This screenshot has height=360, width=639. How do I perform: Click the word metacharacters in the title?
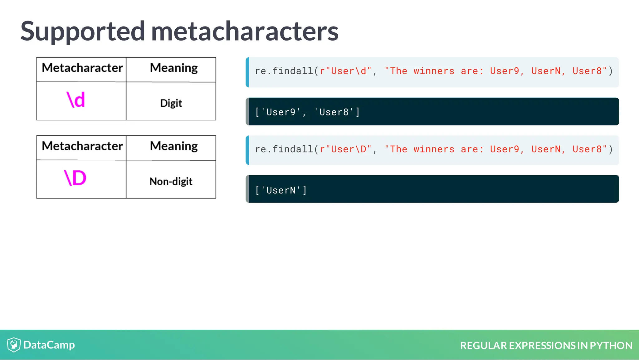[245, 32]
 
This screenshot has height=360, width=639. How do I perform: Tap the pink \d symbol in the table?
[76, 100]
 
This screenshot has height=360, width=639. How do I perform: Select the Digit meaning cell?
[171, 103]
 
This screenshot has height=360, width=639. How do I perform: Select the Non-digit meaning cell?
[171, 181]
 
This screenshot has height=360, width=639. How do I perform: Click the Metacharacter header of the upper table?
[82, 68]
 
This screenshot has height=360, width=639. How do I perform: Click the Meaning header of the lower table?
[174, 146]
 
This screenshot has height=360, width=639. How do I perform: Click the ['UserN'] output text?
[281, 190]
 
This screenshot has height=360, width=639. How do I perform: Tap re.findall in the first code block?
[284, 71]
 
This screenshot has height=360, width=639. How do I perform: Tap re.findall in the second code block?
[284, 149]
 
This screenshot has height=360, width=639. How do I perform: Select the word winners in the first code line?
[434, 71]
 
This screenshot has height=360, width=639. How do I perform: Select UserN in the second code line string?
[546, 149]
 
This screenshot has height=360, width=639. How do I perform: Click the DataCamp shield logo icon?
[14, 345]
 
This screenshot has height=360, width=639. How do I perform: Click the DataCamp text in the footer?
[49, 345]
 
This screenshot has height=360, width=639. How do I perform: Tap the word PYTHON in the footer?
[611, 346]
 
